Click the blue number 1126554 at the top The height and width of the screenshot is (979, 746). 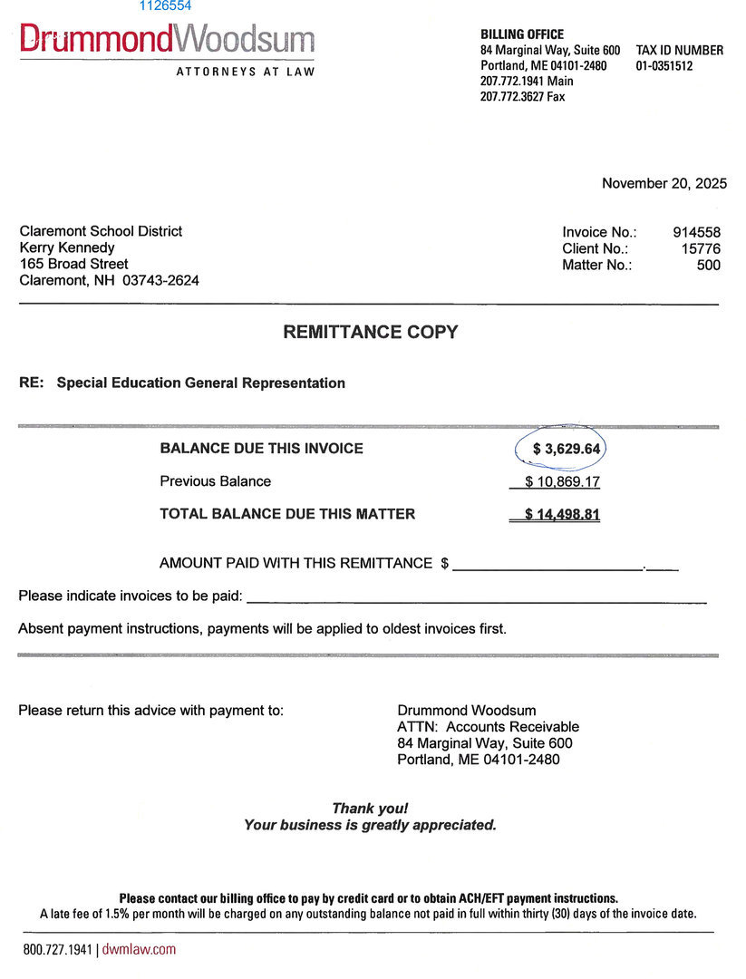pyautogui.click(x=165, y=5)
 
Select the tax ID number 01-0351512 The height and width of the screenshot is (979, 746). pyautogui.click(x=664, y=66)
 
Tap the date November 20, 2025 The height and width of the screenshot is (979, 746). pyautogui.click(x=664, y=184)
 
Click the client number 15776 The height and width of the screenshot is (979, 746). pyautogui.click(x=701, y=248)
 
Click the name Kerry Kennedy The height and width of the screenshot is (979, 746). pyautogui.click(x=67, y=247)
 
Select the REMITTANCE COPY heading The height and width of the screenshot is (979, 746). pyautogui.click(x=371, y=332)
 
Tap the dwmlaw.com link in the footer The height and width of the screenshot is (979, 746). pyautogui.click(x=139, y=949)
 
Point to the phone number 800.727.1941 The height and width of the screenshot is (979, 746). pyautogui.click(x=58, y=949)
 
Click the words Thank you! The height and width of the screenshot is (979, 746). pyautogui.click(x=370, y=808)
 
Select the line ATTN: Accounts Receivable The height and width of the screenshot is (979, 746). pyautogui.click(x=488, y=726)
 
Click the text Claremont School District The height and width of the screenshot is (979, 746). pyautogui.click(x=101, y=231)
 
